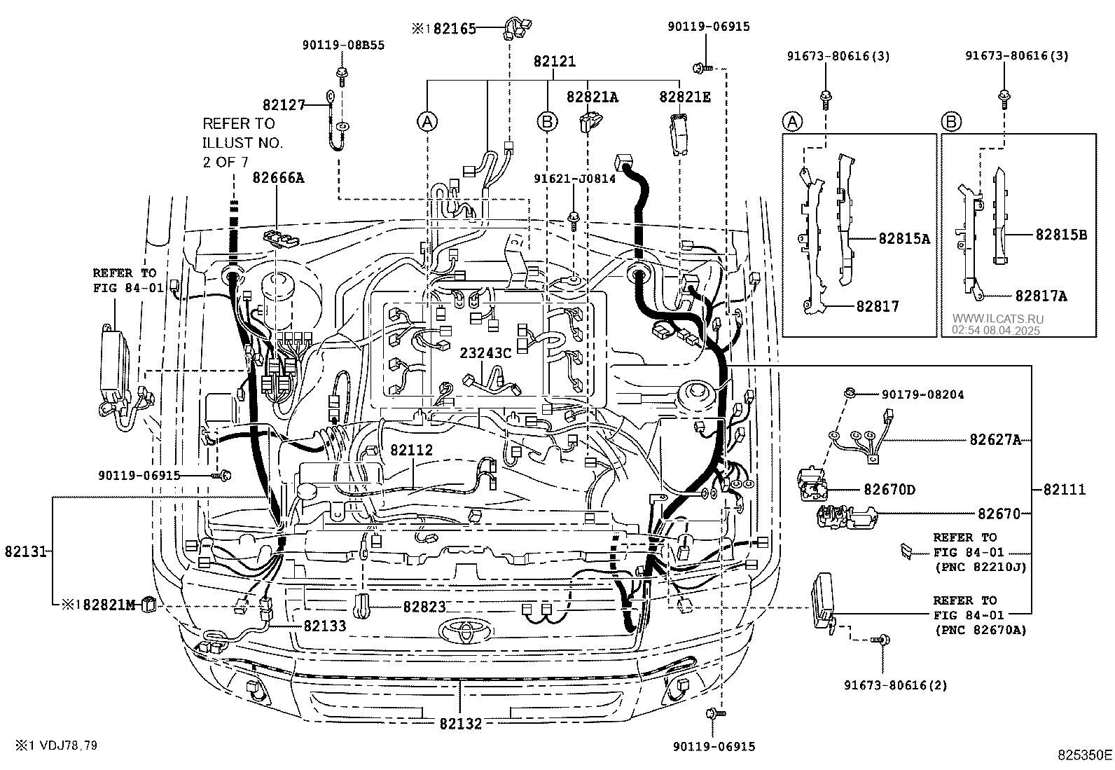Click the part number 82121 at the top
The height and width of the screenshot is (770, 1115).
[x=554, y=62]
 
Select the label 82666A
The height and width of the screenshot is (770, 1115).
[x=279, y=178]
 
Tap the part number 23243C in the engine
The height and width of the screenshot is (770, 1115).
[x=485, y=353]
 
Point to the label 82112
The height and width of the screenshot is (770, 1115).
[x=412, y=451]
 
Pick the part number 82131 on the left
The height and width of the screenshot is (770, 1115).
[x=25, y=551]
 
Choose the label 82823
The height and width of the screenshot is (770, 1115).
[x=424, y=607]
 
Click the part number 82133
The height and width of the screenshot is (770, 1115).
[x=324, y=626]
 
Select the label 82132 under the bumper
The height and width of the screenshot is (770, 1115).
[x=461, y=724]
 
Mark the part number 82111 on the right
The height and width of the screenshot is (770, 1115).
[x=1065, y=490]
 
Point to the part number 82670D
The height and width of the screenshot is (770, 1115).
[x=889, y=490]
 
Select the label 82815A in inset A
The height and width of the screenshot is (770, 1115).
[x=904, y=238]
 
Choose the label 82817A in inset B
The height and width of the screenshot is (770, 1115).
[x=1041, y=296]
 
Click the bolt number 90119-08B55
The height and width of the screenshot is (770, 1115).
[x=343, y=45]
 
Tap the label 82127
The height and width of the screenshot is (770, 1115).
[x=284, y=105]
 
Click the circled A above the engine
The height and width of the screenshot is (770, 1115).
[x=427, y=121]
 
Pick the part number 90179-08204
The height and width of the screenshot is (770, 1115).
[x=913, y=394]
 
